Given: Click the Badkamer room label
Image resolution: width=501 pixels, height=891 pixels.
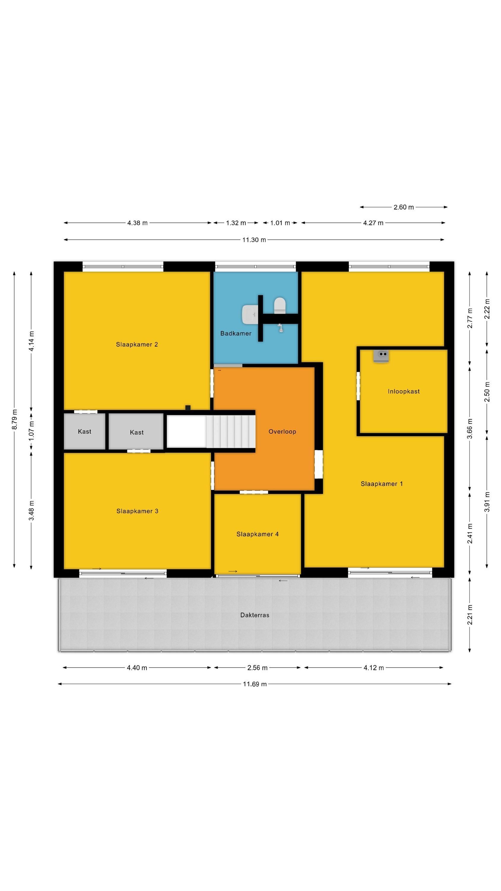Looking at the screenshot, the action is coord(236,334).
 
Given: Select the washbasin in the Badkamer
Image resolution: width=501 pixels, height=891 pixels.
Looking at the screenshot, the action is coord(249,315).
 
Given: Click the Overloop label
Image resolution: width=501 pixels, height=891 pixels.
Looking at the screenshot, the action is coord(282,432).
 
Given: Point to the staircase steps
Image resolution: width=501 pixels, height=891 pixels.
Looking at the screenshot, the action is coord(231,432).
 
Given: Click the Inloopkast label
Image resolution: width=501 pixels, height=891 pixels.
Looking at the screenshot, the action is coord(403,391).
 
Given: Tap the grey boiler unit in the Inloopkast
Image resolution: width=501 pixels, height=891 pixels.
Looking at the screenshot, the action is coord(381,356).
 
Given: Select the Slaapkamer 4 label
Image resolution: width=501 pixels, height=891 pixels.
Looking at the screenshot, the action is coord(257,534).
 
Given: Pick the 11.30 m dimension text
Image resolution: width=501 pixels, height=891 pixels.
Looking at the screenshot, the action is coord(254,240).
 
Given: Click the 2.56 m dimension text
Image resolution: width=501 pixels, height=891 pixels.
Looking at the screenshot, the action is coord(257,668).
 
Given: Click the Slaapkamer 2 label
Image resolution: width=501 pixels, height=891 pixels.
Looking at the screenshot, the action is coord(137,345).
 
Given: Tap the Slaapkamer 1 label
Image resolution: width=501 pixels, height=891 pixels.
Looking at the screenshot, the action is coord(382,484).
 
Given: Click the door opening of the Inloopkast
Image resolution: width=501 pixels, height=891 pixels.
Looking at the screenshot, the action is coord(358,386).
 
